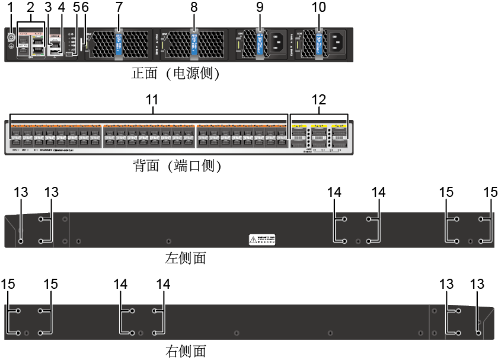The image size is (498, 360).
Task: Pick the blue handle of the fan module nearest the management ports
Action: tap(118, 43)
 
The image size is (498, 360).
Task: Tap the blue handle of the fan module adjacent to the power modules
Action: tap(194, 43)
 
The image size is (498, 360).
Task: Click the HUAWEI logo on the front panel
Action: tap(45, 149)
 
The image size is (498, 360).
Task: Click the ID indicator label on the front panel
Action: tap(35, 149)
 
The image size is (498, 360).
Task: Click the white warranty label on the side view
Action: tap(261, 240)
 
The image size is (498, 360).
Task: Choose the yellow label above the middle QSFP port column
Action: tap(319, 126)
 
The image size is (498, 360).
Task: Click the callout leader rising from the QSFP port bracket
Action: tap(319, 109)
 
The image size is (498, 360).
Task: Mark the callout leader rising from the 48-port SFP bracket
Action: tap(153, 109)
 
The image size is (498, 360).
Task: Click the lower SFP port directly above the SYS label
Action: tap(16, 142)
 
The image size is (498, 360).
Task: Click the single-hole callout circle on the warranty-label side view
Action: tap(21, 241)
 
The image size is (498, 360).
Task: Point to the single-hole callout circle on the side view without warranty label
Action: tap(478, 333)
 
